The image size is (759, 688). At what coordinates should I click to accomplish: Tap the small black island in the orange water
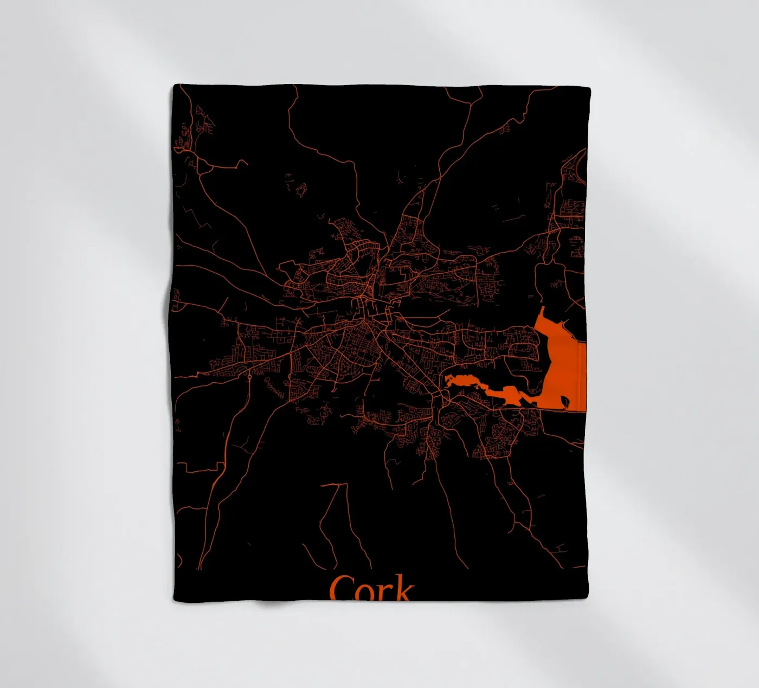point(565,401)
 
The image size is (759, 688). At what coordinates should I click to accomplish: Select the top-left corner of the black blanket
point(175,86)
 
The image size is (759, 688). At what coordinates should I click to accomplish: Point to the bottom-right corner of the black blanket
point(586,599)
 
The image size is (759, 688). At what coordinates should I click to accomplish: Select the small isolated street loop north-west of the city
point(300,189)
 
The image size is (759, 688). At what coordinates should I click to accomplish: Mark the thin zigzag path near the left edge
point(190,214)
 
